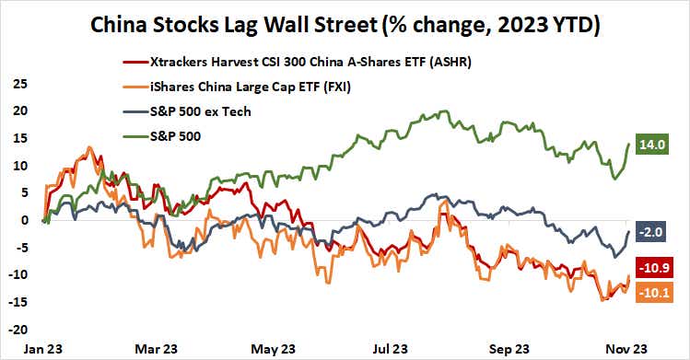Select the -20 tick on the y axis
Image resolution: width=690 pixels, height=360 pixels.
17,330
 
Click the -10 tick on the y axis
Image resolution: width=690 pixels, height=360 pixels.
17,274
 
